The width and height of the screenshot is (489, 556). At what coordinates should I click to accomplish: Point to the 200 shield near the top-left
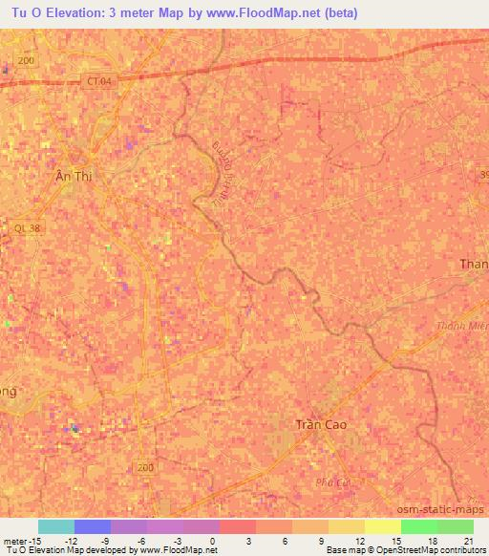pyautogui.click(x=26, y=60)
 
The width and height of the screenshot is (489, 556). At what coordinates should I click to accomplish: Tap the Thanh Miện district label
pyautogui.click(x=471, y=326)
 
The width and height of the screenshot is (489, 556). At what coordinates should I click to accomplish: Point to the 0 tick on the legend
pyautogui.click(x=211, y=540)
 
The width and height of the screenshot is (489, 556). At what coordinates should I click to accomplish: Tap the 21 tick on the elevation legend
pyautogui.click(x=468, y=540)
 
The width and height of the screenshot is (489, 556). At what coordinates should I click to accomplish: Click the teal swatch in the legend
pyautogui.click(x=56, y=526)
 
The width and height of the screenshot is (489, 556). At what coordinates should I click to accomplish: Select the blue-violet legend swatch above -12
pyautogui.click(x=93, y=526)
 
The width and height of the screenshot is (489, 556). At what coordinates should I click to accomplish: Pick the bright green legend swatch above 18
pyautogui.click(x=419, y=526)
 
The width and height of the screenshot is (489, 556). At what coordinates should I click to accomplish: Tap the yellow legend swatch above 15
pyautogui.click(x=383, y=526)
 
